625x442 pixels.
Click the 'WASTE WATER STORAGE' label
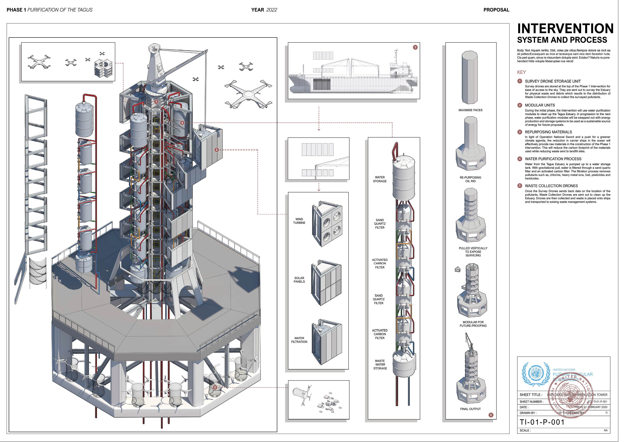tap(380, 365)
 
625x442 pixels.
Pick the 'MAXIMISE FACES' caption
tap(470, 110)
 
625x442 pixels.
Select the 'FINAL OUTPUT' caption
tap(470, 409)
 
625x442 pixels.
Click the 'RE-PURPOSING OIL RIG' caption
tap(470, 179)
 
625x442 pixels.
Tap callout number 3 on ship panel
tap(415, 47)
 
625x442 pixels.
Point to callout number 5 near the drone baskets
tap(215, 387)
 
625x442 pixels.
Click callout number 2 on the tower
tap(217, 150)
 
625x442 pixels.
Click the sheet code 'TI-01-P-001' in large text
tap(542, 422)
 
